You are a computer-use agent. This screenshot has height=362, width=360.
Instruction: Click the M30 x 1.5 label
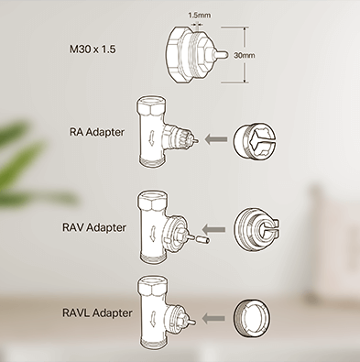(93, 49)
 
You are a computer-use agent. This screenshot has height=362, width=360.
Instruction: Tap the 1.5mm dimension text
(199, 15)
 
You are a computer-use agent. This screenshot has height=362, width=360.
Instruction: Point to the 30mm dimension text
(244, 55)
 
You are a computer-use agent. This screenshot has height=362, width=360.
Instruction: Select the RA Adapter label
(97, 132)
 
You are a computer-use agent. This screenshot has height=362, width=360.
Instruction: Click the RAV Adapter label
(94, 227)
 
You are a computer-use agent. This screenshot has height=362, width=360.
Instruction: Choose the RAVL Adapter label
(97, 313)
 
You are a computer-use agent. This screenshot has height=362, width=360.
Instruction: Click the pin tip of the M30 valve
(226, 55)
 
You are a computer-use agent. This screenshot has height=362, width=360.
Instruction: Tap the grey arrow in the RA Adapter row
(216, 139)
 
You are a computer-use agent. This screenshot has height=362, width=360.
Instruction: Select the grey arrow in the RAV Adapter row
(214, 229)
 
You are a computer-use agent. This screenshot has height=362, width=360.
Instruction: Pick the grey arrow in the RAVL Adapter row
(213, 318)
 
